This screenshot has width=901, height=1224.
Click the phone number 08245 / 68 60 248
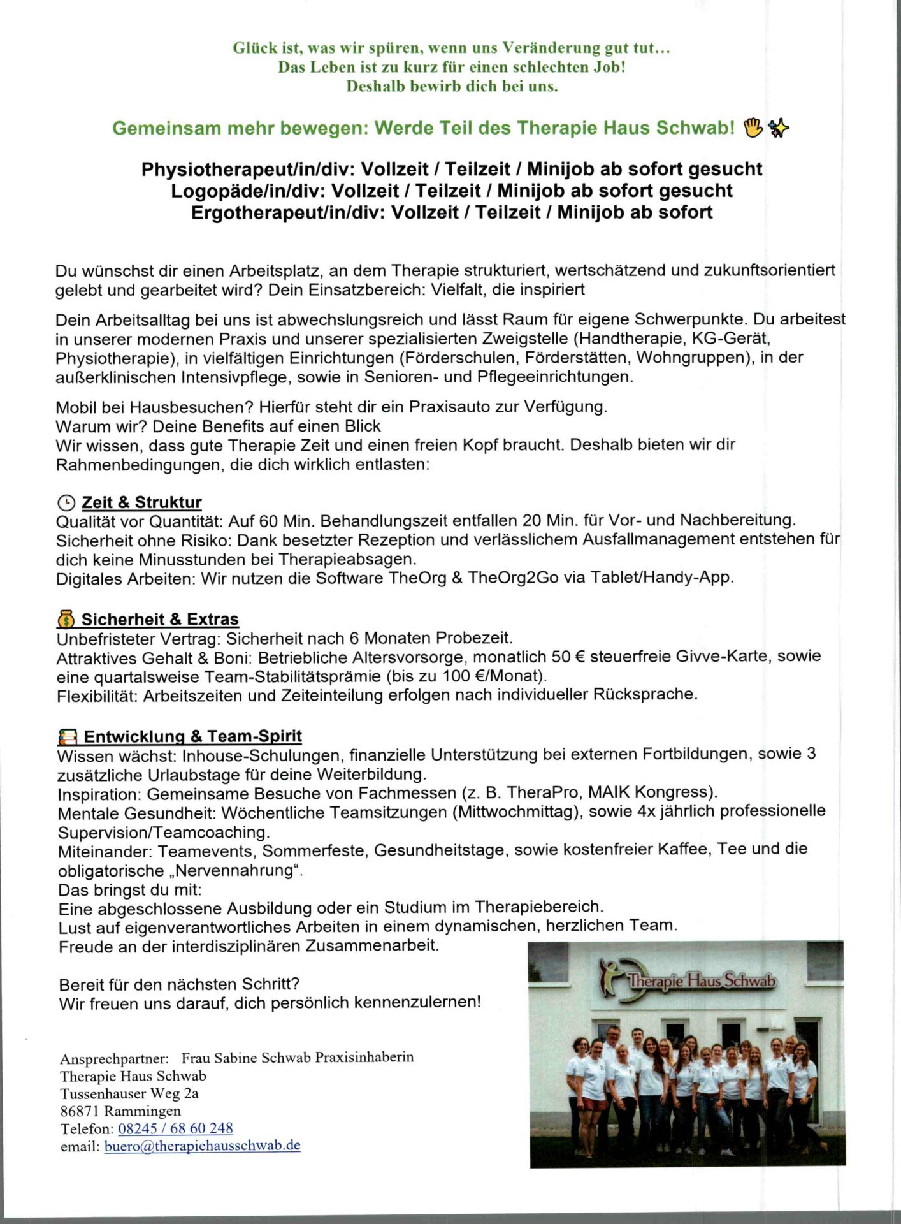pyautogui.click(x=175, y=1128)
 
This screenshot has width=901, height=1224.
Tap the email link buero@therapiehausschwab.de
pyautogui.click(x=202, y=1145)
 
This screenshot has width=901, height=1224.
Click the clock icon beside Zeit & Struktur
pyautogui.click(x=66, y=502)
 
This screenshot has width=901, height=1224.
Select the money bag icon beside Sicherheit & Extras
pyautogui.click(x=66, y=619)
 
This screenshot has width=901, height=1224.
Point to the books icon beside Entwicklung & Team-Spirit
pyautogui.click(x=67, y=737)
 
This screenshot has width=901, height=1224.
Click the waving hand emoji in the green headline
pyautogui.click(x=753, y=127)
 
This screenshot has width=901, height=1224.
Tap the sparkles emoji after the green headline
pyautogui.click(x=778, y=128)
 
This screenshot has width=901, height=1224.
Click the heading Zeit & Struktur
pyautogui.click(x=141, y=502)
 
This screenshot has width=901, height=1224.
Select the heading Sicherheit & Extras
pyautogui.click(x=159, y=619)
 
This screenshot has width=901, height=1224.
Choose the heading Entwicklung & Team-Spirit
pyautogui.click(x=192, y=736)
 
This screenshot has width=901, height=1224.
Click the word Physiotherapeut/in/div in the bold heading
pyautogui.click(x=249, y=169)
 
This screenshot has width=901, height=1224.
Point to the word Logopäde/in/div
pyautogui.click(x=248, y=191)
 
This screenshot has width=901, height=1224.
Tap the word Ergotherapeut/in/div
pyautogui.click(x=287, y=212)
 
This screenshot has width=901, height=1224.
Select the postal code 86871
pyautogui.click(x=80, y=1111)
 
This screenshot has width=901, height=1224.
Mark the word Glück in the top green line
pyautogui.click(x=255, y=48)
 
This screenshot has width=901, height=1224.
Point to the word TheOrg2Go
pyautogui.click(x=513, y=578)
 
